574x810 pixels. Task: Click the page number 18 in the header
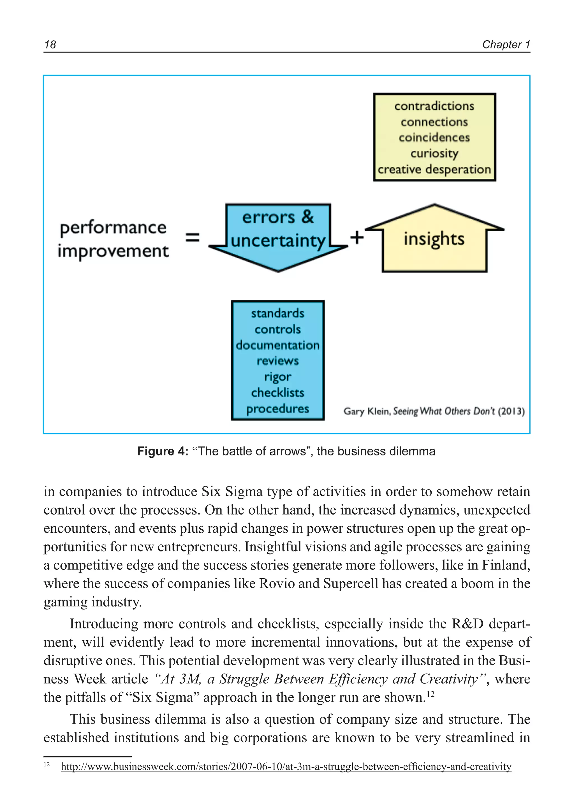click(x=50, y=45)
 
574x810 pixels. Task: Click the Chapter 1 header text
click(x=506, y=45)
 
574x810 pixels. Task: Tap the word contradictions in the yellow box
click(x=434, y=106)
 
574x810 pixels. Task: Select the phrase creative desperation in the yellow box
click(x=434, y=169)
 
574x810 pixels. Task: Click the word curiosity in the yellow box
click(x=434, y=154)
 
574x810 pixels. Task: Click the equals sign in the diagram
click(x=193, y=238)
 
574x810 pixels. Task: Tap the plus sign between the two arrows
click(x=357, y=237)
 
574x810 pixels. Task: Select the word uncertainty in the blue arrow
click(x=278, y=241)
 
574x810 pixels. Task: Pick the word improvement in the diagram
click(x=113, y=251)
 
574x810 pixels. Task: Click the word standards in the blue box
click(x=277, y=313)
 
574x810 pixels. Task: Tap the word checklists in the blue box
click(x=277, y=392)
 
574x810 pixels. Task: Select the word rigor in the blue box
click(x=277, y=377)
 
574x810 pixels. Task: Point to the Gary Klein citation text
click(x=434, y=411)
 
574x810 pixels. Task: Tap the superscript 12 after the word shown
click(x=430, y=695)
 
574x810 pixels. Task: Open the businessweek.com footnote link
click(x=286, y=766)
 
